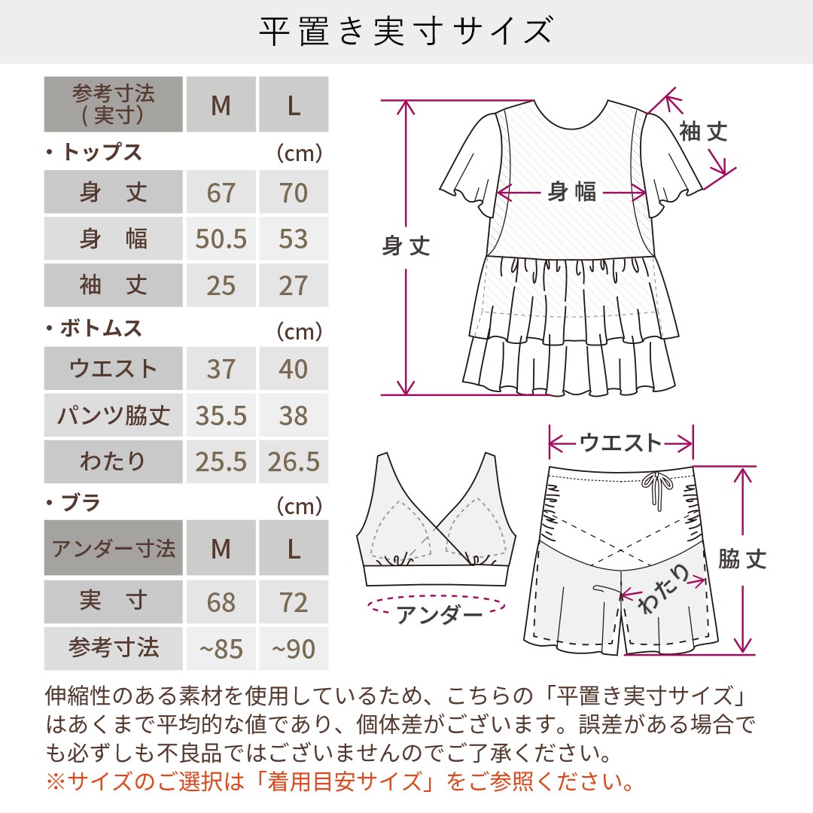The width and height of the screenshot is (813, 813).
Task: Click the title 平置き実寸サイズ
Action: click(x=406, y=31)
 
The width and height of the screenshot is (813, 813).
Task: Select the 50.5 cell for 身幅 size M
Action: click(x=221, y=239)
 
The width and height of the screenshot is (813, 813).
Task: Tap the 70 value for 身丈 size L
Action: click(x=294, y=192)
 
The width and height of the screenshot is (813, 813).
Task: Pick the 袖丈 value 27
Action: click(x=294, y=285)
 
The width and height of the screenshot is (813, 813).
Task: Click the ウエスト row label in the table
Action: click(x=113, y=368)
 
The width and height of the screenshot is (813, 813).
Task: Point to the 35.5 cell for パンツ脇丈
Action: click(x=221, y=415)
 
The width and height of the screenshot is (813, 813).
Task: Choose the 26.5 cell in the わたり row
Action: click(x=294, y=461)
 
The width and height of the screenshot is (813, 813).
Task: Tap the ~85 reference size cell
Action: click(x=221, y=648)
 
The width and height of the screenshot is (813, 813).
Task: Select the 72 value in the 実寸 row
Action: click(x=294, y=601)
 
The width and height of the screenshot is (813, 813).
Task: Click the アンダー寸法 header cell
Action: click(x=113, y=547)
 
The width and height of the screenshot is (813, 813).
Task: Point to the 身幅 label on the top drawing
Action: click(x=572, y=192)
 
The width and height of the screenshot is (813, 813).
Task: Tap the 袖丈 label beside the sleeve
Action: click(x=704, y=132)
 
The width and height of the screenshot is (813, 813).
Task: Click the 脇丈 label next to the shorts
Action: click(x=742, y=559)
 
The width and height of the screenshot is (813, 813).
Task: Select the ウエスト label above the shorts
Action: click(x=620, y=443)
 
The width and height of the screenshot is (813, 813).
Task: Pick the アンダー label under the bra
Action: click(x=439, y=615)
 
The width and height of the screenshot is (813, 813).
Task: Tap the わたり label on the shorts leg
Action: click(x=663, y=589)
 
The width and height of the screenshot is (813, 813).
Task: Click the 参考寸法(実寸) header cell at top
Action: click(x=113, y=104)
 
